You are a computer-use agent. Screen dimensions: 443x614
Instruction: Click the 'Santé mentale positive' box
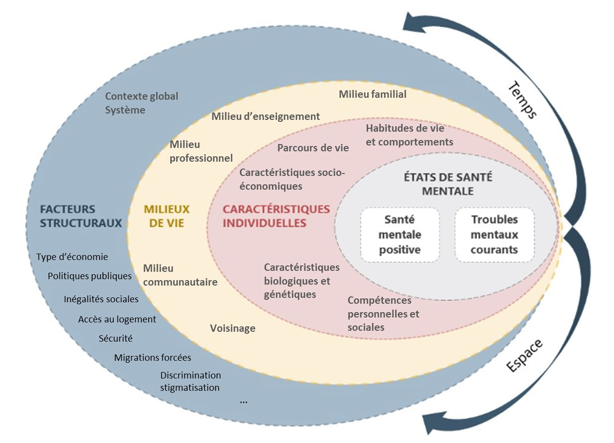399,235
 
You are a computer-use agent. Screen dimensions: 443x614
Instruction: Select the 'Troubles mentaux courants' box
494,235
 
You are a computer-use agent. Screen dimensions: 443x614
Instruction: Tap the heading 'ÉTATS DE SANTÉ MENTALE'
448,184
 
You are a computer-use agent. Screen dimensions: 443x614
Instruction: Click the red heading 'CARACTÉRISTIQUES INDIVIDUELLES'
276,216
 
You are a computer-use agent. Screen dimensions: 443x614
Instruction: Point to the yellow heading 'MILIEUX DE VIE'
166,216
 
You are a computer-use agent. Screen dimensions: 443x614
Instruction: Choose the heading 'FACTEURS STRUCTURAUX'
81,216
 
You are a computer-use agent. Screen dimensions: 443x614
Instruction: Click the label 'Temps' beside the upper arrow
522,100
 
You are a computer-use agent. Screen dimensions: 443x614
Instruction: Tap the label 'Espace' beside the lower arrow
524,356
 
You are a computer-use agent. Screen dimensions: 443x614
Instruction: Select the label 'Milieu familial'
372,94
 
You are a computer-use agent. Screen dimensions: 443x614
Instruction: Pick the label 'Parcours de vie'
313,148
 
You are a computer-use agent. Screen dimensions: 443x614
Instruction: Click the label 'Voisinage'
233,328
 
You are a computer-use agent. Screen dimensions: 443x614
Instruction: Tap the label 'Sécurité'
115,339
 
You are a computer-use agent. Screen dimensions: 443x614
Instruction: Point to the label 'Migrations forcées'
152,358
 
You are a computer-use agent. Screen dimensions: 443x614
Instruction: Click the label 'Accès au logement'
117,320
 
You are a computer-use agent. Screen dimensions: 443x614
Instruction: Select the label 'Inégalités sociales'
101,299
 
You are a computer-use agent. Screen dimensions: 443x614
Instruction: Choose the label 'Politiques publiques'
90,276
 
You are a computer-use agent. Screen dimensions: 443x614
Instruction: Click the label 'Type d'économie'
72,257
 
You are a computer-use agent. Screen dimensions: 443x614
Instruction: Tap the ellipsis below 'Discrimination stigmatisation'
244,402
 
